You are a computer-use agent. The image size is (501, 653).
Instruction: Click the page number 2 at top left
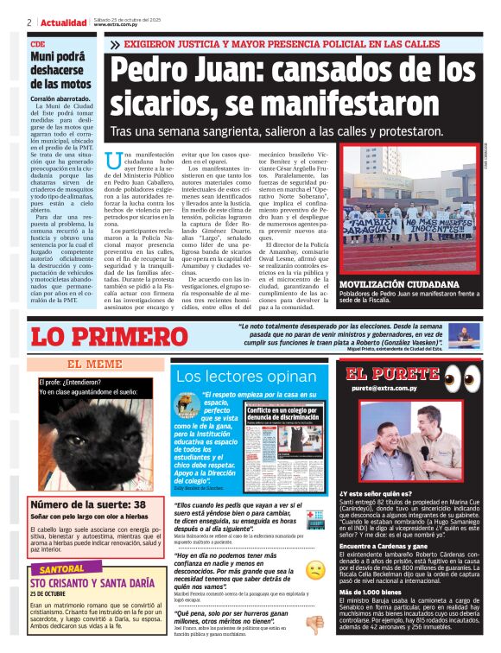(x=29, y=22)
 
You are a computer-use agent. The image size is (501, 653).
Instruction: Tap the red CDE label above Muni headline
(x=37, y=43)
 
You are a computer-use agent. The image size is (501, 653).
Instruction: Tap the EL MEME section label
(x=94, y=365)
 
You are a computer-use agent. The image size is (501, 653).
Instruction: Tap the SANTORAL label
(x=62, y=570)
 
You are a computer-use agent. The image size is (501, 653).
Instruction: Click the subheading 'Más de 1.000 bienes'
(x=371, y=590)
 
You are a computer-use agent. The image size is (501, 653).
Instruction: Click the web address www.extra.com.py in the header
(x=117, y=26)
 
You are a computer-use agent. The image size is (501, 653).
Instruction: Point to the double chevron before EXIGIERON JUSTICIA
(x=116, y=43)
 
